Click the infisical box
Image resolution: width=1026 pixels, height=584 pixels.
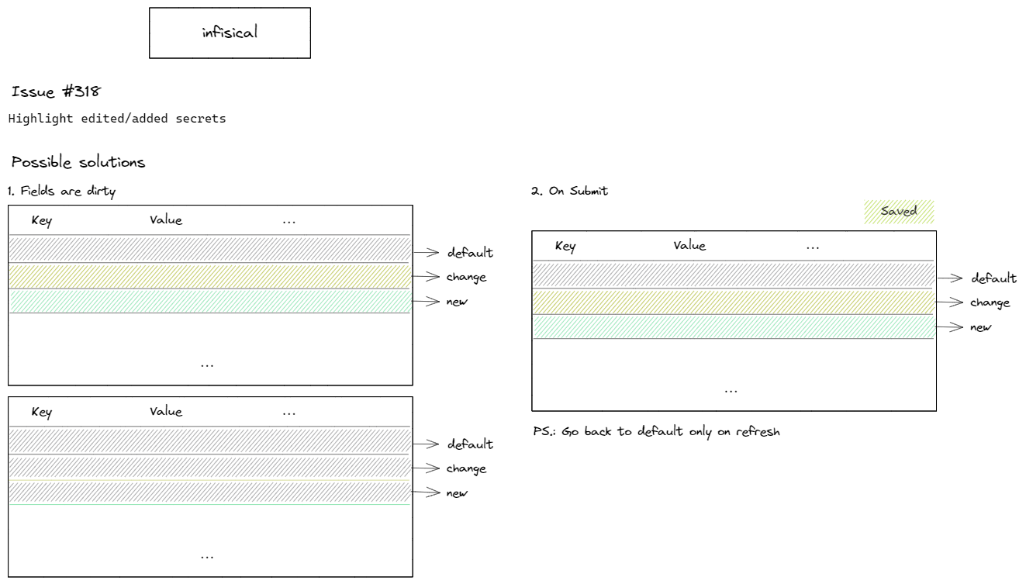pos(230,33)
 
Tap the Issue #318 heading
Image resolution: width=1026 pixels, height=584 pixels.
pos(56,92)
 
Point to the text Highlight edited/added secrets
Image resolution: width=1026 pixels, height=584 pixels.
pos(117,119)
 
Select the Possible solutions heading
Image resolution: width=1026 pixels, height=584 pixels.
pos(78,162)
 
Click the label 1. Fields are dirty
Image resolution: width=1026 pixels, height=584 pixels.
pos(62,191)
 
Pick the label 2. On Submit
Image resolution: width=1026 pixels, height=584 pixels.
pos(569,191)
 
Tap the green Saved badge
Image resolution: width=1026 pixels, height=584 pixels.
pos(899,211)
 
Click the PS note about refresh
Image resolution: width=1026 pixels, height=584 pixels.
pos(656,431)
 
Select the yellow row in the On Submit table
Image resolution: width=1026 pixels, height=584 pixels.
pos(733,302)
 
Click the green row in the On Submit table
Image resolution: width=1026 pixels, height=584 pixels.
pos(733,327)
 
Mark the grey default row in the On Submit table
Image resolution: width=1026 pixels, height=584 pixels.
pos(733,275)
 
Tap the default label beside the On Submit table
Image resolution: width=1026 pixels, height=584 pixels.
pos(993,278)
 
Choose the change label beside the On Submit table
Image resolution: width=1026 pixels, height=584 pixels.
pos(990,302)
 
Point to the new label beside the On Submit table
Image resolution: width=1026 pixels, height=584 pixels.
pos(980,327)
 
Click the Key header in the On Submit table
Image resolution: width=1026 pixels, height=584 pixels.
pos(565,246)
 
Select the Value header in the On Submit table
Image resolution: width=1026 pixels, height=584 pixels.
pos(689,245)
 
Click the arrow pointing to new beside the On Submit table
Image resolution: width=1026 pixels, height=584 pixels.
pos(948,327)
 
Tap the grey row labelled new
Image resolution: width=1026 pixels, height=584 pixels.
pos(209,492)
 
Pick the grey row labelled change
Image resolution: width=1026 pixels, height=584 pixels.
pos(209,467)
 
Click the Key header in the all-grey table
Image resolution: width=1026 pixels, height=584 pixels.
pos(42,412)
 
